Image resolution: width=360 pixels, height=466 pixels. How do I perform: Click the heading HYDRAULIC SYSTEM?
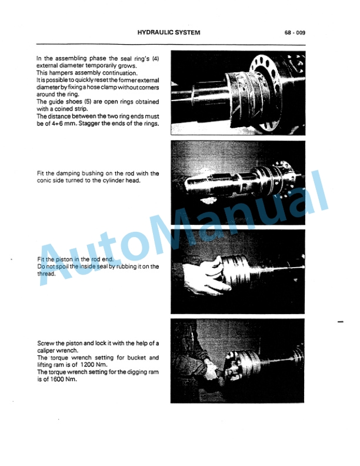click(168, 33)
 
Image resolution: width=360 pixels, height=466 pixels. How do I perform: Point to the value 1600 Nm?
click(62, 379)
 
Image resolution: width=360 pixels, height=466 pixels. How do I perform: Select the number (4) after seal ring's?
click(156, 59)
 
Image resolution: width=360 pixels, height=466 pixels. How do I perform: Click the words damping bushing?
click(80, 174)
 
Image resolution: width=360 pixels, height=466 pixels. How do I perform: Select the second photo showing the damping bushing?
click(238, 182)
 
